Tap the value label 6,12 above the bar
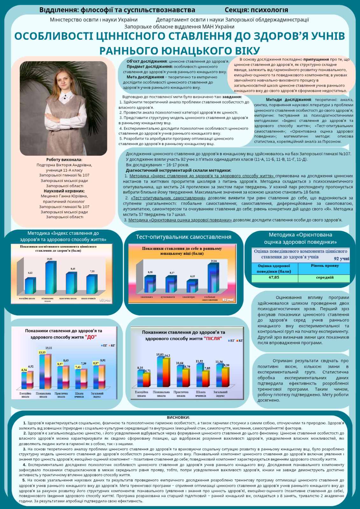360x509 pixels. pyautogui.click(x=30, y=273)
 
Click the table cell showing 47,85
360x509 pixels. pyautogui.click(x=274, y=277)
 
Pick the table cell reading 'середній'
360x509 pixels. pyautogui.click(x=325, y=277)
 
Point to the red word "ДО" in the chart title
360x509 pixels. pyautogui.click(x=91, y=337)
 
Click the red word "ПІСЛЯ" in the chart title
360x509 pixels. pyautogui.click(x=213, y=338)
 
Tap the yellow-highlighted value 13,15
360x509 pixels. pyautogui.click(x=42, y=352)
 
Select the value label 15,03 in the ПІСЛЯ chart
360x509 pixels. pyautogui.click(x=160, y=354)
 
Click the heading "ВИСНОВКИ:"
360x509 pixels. pyautogui.click(x=178, y=417)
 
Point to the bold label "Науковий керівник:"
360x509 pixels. pyautogui.click(x=64, y=191)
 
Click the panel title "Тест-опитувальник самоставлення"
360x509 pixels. pyautogui.click(x=183, y=237)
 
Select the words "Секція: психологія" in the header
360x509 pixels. pyautogui.click(x=256, y=10)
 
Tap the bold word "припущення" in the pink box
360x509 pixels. pyautogui.click(x=316, y=59)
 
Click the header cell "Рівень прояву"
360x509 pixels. pyautogui.click(x=325, y=266)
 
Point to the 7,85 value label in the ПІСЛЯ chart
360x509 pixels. pyautogui.click(x=207, y=368)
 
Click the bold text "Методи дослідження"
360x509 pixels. pyautogui.click(x=288, y=100)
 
